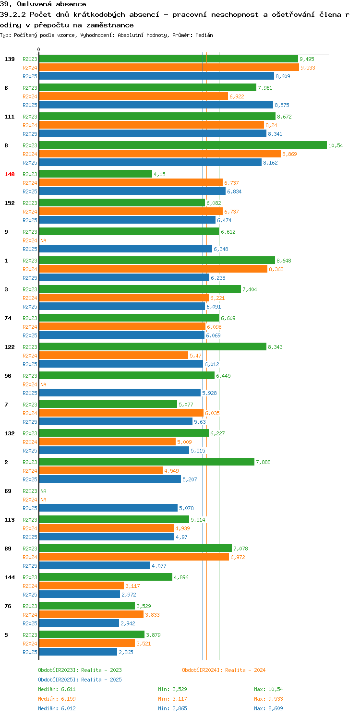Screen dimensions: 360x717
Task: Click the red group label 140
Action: pos(9,174)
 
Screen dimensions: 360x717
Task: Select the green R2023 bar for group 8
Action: pos(183,145)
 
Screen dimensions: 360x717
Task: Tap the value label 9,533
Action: pos(308,68)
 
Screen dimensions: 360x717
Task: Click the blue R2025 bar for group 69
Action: pos(108,508)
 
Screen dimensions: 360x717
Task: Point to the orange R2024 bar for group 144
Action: pos(81,586)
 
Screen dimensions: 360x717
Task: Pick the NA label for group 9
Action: pos(43,240)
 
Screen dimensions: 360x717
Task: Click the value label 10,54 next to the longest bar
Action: pos(336,145)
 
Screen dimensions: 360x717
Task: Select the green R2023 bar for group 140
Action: pos(96,174)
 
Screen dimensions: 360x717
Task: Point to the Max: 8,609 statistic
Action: pos(268,708)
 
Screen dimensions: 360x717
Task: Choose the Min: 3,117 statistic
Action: pos(172,699)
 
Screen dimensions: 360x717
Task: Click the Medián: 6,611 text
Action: pos(57,689)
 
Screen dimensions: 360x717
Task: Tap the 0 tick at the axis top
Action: pos(39,49)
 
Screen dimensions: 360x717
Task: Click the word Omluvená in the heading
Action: pos(34,4)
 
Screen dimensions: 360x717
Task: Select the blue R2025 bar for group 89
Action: pos(95,565)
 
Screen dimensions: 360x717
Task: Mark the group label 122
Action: pos(9,347)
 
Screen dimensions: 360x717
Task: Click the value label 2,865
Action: pos(126,652)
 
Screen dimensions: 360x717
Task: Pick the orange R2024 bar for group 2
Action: pos(101,470)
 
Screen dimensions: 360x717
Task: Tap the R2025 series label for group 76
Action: pos(30,623)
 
